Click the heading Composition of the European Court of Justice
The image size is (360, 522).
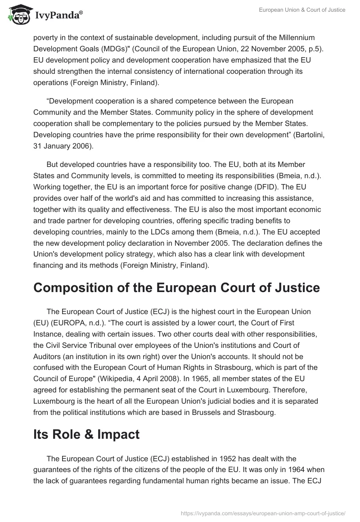[x=176, y=288]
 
